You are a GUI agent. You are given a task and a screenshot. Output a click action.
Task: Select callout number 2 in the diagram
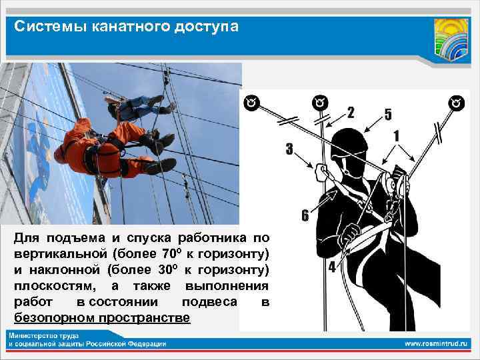pyautogui.click(x=351, y=113)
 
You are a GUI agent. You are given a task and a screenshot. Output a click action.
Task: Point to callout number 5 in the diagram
pyautogui.click(x=388, y=114)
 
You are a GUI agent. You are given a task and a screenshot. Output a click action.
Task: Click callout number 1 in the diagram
pyautogui.click(x=397, y=135)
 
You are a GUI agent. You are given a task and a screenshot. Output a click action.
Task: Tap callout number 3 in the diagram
pyautogui.click(x=289, y=149)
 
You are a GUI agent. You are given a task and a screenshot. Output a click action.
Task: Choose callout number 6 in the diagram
pyautogui.click(x=305, y=215)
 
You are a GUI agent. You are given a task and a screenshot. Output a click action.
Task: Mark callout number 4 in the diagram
pyautogui.click(x=332, y=267)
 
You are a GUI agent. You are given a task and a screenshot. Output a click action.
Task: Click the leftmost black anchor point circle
pyautogui.click(x=251, y=103)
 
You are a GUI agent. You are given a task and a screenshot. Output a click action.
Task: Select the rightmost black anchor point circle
pyautogui.click(x=457, y=103)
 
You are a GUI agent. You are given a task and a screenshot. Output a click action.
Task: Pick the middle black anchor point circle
pyautogui.click(x=320, y=103)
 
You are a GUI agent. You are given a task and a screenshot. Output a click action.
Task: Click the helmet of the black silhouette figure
pyautogui.click(x=349, y=142)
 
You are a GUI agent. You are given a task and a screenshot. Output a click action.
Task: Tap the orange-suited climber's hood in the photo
pyautogui.click(x=83, y=125)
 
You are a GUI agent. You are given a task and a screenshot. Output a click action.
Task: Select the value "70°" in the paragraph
pyautogui.click(x=171, y=253)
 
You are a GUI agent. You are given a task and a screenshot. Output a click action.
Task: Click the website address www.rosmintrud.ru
pyautogui.click(x=436, y=344)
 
